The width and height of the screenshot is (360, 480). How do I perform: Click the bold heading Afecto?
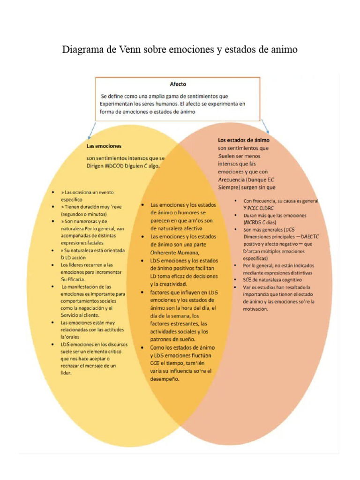tap(178, 84)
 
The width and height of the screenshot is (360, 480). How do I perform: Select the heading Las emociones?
tap(104, 146)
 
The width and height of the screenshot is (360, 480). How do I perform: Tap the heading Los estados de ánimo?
tap(243, 140)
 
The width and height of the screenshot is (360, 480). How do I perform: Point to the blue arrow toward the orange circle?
tap(266, 126)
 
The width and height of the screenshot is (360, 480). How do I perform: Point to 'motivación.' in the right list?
tap(255, 309)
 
